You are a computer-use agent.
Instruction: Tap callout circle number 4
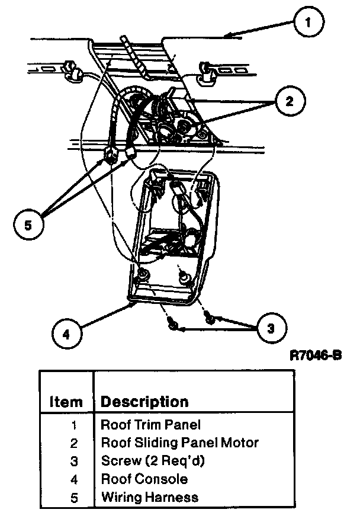(x=66, y=333)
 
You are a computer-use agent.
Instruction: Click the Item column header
(x=66, y=402)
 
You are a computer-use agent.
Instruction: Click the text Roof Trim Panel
(x=151, y=425)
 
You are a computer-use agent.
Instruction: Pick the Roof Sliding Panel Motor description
(x=180, y=443)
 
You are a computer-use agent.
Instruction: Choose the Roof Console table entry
(x=144, y=479)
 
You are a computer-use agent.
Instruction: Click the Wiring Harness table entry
(x=150, y=496)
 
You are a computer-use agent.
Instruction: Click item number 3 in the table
(x=74, y=461)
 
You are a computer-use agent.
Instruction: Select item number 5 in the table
(x=74, y=496)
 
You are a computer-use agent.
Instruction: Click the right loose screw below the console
(x=209, y=319)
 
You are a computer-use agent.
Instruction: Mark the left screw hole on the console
(x=143, y=275)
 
